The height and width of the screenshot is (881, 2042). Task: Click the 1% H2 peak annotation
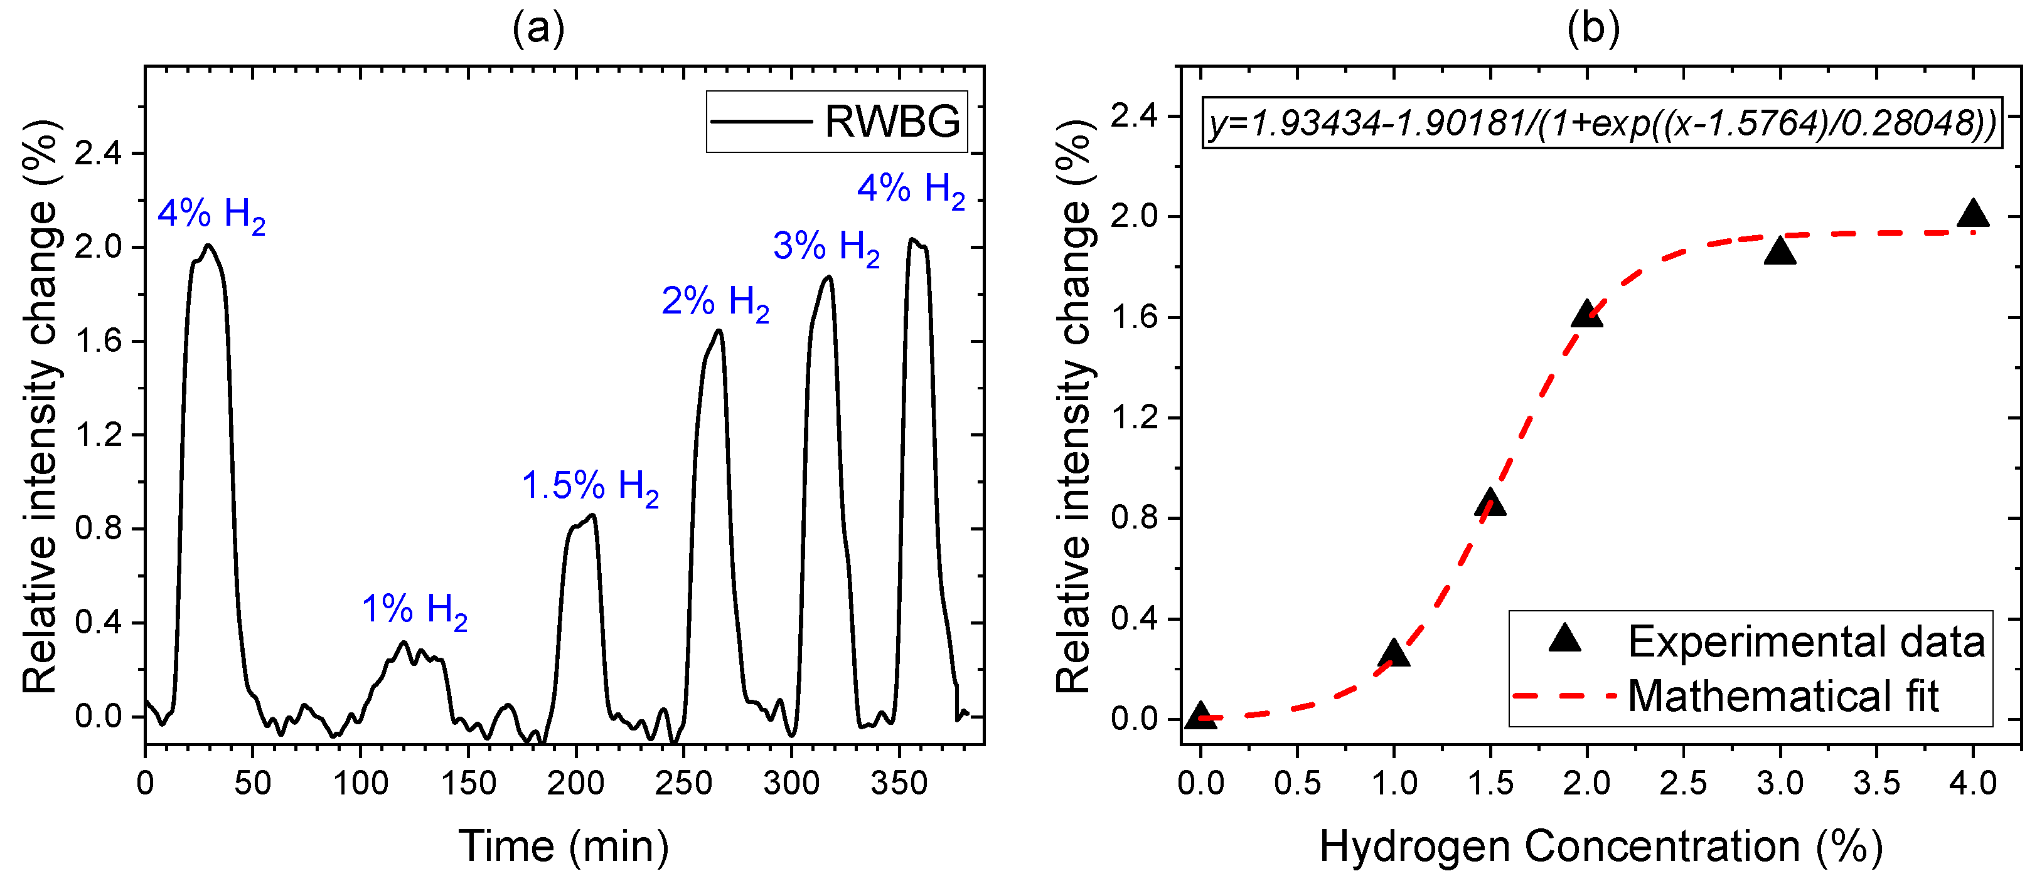pos(415,610)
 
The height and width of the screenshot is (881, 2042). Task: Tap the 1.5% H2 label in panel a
pos(590,486)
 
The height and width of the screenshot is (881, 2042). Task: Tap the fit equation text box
pos(1602,123)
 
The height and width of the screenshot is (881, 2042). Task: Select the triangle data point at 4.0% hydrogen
pos(1973,214)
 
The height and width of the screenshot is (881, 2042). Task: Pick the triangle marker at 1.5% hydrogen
pos(1490,503)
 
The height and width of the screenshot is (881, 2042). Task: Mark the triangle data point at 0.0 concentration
pos(1201,715)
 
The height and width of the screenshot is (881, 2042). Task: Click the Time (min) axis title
pos(564,846)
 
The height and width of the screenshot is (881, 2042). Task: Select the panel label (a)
pos(538,29)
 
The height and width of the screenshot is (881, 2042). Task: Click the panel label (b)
pos(1593,29)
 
